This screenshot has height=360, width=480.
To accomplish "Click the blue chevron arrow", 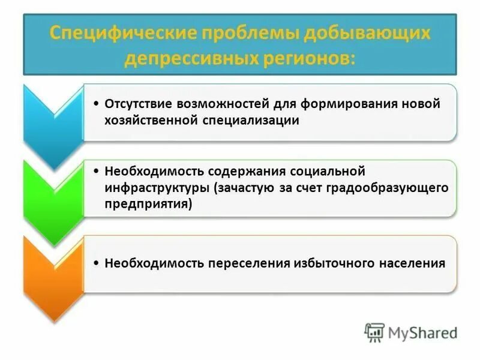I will pos(53,123).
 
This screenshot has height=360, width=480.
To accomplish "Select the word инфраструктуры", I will pos(156,188).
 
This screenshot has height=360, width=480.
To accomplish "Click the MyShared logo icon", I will pos(375,332).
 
